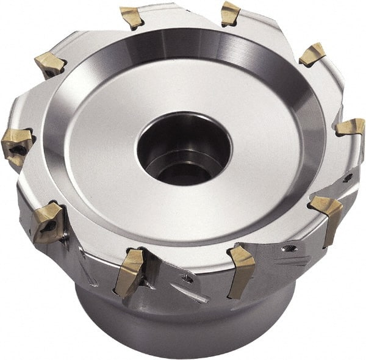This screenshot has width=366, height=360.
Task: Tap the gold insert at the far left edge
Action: pyautogui.click(x=17, y=144)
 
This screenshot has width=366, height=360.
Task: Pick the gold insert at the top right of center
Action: pyautogui.click(x=231, y=13)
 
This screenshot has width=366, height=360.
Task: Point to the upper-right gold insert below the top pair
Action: pyautogui.click(x=313, y=54)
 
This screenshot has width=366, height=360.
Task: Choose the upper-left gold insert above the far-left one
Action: pyautogui.click(x=50, y=63)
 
